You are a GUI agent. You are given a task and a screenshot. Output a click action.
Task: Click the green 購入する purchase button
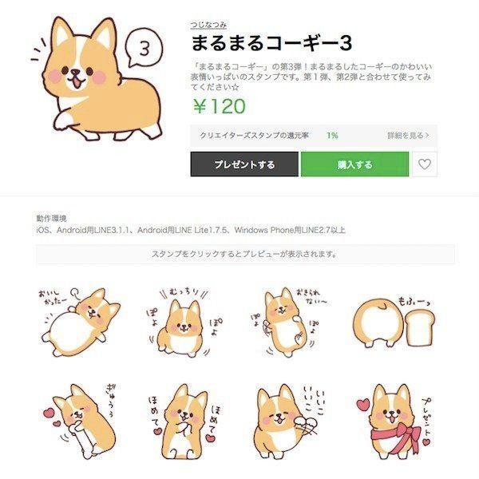354,164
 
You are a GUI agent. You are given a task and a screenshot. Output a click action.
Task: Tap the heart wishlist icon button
426,164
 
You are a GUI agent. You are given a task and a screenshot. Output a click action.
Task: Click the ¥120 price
218,106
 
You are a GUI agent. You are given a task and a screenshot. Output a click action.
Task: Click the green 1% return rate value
332,136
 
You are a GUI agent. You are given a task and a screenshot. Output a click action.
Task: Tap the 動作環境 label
51,218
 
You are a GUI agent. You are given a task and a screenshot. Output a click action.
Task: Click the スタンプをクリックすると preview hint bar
245,255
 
